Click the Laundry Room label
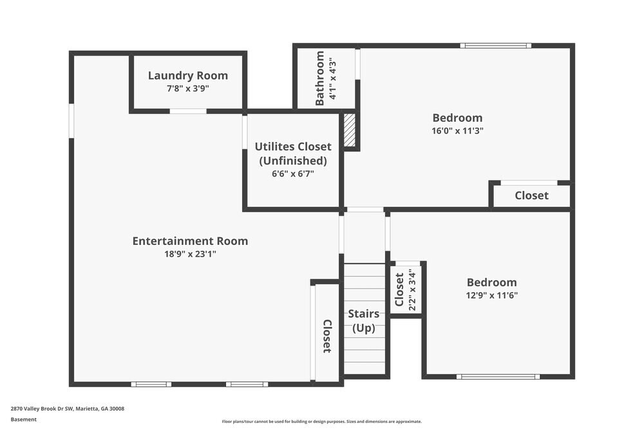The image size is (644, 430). [x=187, y=75]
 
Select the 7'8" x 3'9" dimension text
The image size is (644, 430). [x=187, y=88]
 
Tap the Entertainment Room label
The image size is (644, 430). [x=190, y=241]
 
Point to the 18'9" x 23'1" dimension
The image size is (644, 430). [x=190, y=254]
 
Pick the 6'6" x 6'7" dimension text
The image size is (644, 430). [x=293, y=173]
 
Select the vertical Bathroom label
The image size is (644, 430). [x=320, y=79]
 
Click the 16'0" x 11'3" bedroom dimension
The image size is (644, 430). [x=457, y=130]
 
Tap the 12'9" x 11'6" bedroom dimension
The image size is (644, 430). [x=491, y=295]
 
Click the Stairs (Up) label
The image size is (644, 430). [x=363, y=320]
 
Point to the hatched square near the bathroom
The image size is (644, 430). [x=350, y=131]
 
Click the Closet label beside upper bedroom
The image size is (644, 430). [x=531, y=195]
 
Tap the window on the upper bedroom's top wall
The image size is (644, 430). [x=495, y=46]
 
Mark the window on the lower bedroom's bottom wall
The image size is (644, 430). [x=497, y=376]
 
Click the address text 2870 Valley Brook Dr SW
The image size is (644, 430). [x=68, y=409]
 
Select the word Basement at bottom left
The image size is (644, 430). [x=24, y=420]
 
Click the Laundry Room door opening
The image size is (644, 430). [x=188, y=112]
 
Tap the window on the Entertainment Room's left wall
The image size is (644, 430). [x=71, y=121]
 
